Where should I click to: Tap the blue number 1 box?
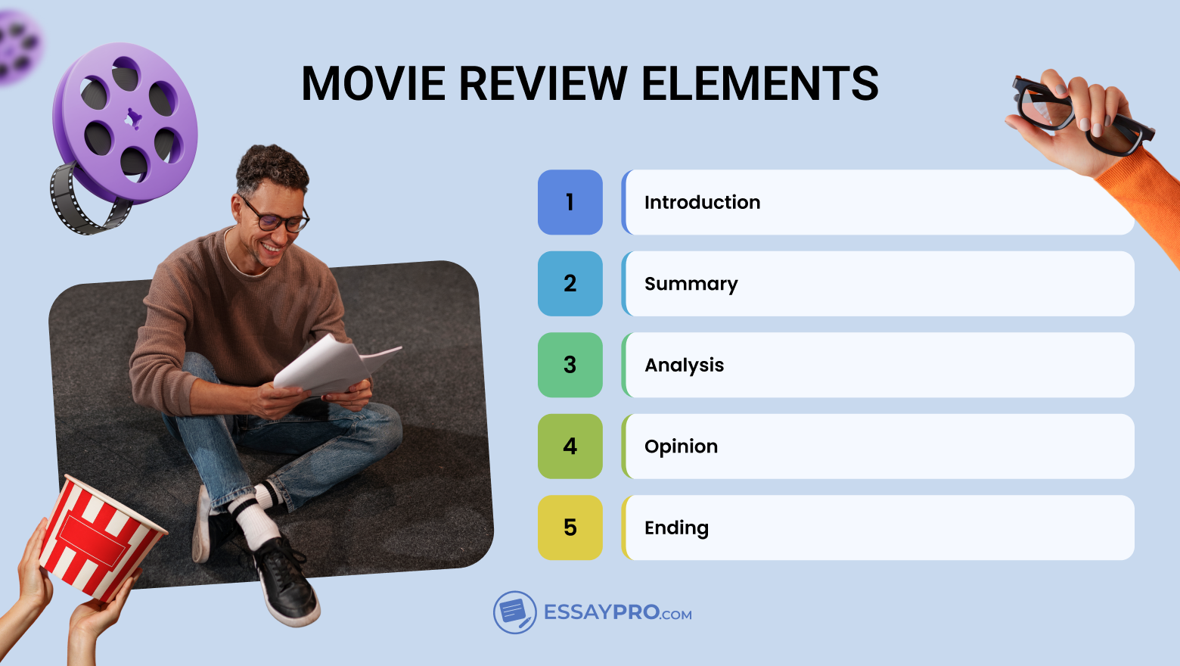pos(570,202)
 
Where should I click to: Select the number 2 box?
pos(570,284)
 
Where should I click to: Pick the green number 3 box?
pos(570,365)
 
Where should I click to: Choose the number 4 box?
pos(570,447)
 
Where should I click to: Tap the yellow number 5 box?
pos(570,528)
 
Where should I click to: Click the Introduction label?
pos(702,202)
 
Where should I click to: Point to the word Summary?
pos(691,284)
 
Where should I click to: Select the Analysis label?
pos(684,365)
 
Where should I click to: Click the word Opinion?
pos(681,447)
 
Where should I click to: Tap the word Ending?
pos(676,528)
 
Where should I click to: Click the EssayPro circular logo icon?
pos(514,612)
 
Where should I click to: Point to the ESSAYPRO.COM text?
pos(617,612)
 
